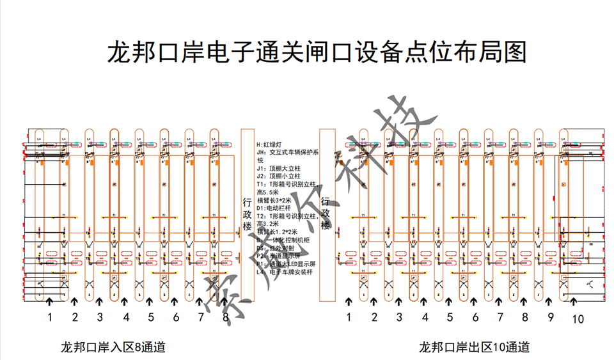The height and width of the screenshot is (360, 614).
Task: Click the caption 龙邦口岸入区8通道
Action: tap(113, 348)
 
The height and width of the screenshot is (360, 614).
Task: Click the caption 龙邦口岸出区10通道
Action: tap(474, 348)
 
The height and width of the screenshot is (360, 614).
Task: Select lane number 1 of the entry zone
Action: tap(49, 317)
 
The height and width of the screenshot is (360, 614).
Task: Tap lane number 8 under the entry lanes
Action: tap(225, 317)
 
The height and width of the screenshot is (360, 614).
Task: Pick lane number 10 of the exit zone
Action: tap(578, 318)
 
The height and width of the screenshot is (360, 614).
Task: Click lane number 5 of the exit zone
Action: tap(450, 317)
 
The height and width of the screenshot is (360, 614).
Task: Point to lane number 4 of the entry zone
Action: tap(125, 317)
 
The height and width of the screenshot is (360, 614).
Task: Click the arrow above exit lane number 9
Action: tap(550, 301)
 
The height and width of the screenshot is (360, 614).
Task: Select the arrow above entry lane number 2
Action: tap(75, 301)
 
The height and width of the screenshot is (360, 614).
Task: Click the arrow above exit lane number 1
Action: tap(349, 301)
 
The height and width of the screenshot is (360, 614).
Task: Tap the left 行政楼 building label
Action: tap(247, 214)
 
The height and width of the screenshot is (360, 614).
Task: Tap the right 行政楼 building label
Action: tap(326, 214)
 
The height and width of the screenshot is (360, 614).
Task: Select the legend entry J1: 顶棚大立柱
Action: tap(279, 168)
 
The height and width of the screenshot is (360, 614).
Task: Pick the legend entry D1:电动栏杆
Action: tap(274, 208)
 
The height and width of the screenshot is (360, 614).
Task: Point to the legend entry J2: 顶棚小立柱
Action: tap(279, 176)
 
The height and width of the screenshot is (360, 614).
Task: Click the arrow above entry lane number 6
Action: tap(176, 301)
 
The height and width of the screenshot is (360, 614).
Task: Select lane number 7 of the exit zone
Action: tap(500, 317)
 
